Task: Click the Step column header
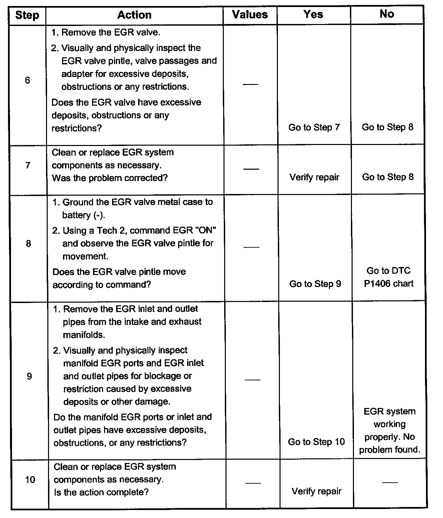tap(27, 15)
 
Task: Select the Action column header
tap(134, 15)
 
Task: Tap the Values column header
tap(250, 15)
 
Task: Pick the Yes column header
tap(313, 14)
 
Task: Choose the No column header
tap(387, 14)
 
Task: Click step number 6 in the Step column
tap(27, 80)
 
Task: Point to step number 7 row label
tap(28, 165)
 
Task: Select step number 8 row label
tap(28, 244)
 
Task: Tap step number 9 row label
tap(29, 376)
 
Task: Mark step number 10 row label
tap(30, 480)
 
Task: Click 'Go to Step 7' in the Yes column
tap(314, 127)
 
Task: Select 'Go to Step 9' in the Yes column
tap(315, 284)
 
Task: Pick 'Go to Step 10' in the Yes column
tap(316, 442)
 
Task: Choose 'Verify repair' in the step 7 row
tap(314, 177)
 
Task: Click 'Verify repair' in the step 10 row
tap(317, 491)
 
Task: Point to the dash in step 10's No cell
tap(390, 482)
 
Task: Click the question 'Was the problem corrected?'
tap(110, 178)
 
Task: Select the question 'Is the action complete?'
tap(101, 492)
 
